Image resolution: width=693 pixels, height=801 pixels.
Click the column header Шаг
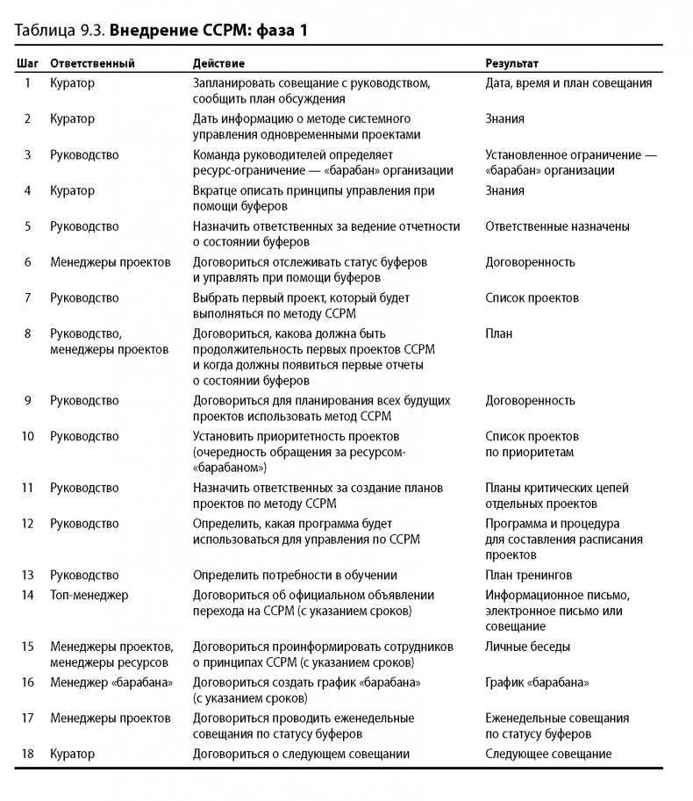(27, 64)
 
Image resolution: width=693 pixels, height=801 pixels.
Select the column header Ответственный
(92, 64)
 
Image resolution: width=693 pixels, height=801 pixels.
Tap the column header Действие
(218, 64)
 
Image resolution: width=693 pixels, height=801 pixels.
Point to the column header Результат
(512, 64)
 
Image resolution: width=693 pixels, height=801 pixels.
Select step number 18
(27, 754)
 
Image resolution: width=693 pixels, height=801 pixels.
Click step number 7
(27, 298)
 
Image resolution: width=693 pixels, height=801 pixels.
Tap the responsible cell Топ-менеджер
(89, 595)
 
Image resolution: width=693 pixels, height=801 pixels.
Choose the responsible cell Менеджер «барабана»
(111, 682)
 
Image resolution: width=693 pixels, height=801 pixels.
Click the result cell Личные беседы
(528, 647)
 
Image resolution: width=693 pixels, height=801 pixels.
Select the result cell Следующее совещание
(548, 754)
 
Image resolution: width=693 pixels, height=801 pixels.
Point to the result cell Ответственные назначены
(557, 226)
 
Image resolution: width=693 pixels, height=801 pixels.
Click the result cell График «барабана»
(537, 682)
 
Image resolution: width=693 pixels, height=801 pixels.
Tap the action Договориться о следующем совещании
(301, 754)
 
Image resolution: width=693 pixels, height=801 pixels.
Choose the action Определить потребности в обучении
(295, 576)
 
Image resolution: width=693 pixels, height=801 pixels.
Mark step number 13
(27, 576)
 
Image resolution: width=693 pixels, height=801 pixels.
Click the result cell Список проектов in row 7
(532, 298)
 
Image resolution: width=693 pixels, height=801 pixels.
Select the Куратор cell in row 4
(73, 190)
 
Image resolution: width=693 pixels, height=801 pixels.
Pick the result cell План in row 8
(499, 333)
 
